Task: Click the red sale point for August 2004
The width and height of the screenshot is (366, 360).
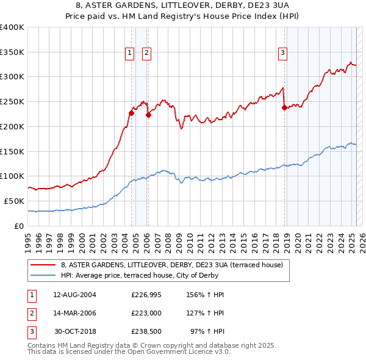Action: (131, 113)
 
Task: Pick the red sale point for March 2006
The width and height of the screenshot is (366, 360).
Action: (148, 115)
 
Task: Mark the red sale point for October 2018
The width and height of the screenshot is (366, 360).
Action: (284, 107)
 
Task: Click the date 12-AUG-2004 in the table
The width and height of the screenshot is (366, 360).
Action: (74, 295)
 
